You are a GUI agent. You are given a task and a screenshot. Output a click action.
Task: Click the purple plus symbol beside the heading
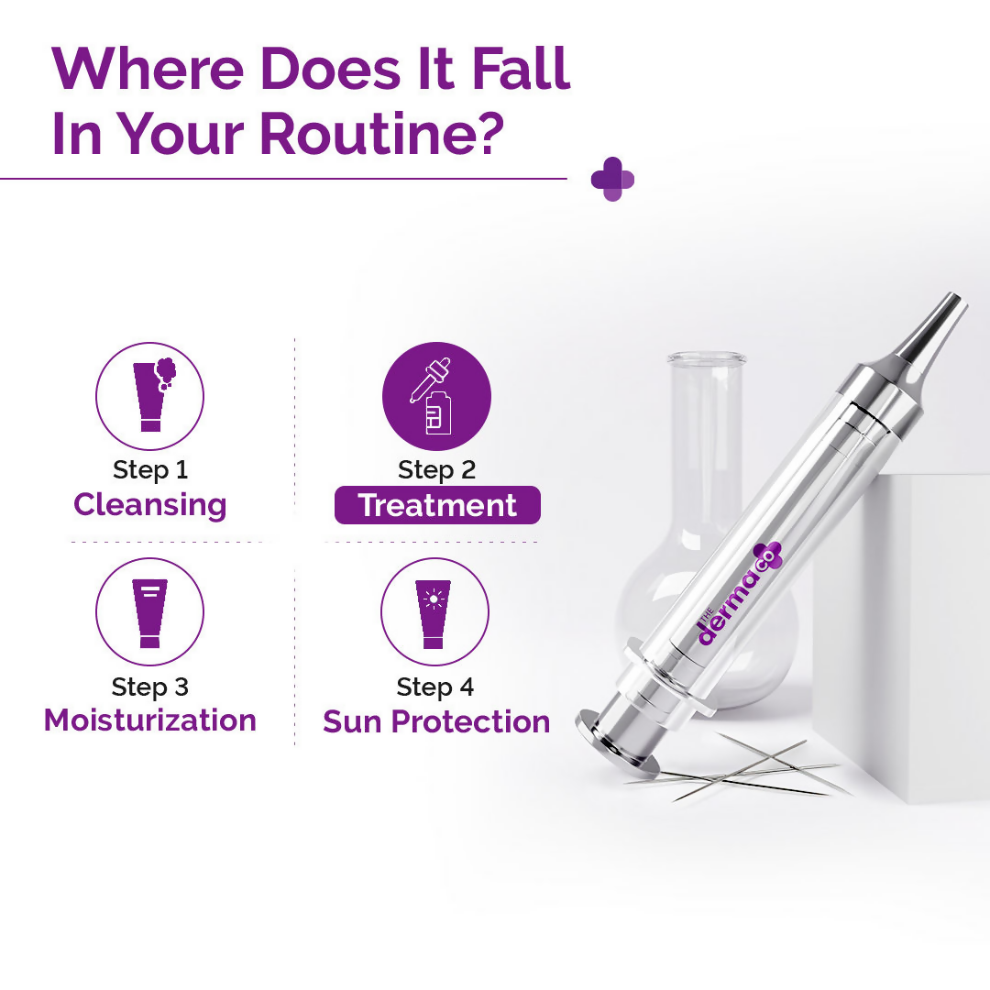click(x=612, y=179)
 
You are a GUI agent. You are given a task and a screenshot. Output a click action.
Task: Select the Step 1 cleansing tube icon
click(x=149, y=396)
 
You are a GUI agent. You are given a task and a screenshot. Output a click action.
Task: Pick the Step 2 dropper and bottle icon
click(x=436, y=396)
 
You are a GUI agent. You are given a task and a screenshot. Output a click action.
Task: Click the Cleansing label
click(x=149, y=505)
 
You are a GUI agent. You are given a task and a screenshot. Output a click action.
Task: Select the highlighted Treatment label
click(x=437, y=506)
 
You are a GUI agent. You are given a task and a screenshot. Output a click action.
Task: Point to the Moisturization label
click(x=150, y=720)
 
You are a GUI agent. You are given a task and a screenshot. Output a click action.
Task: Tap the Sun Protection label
click(x=436, y=721)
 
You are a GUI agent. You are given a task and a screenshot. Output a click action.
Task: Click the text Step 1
click(x=150, y=470)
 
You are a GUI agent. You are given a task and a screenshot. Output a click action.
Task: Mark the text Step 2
click(x=436, y=470)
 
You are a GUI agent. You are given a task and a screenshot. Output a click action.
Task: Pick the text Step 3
click(x=149, y=687)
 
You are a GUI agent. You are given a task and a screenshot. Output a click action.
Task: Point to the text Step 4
click(x=435, y=687)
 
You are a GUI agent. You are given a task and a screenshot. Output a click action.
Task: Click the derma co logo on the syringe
click(x=738, y=595)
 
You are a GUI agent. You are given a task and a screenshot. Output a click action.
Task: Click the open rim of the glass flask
click(x=706, y=357)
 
